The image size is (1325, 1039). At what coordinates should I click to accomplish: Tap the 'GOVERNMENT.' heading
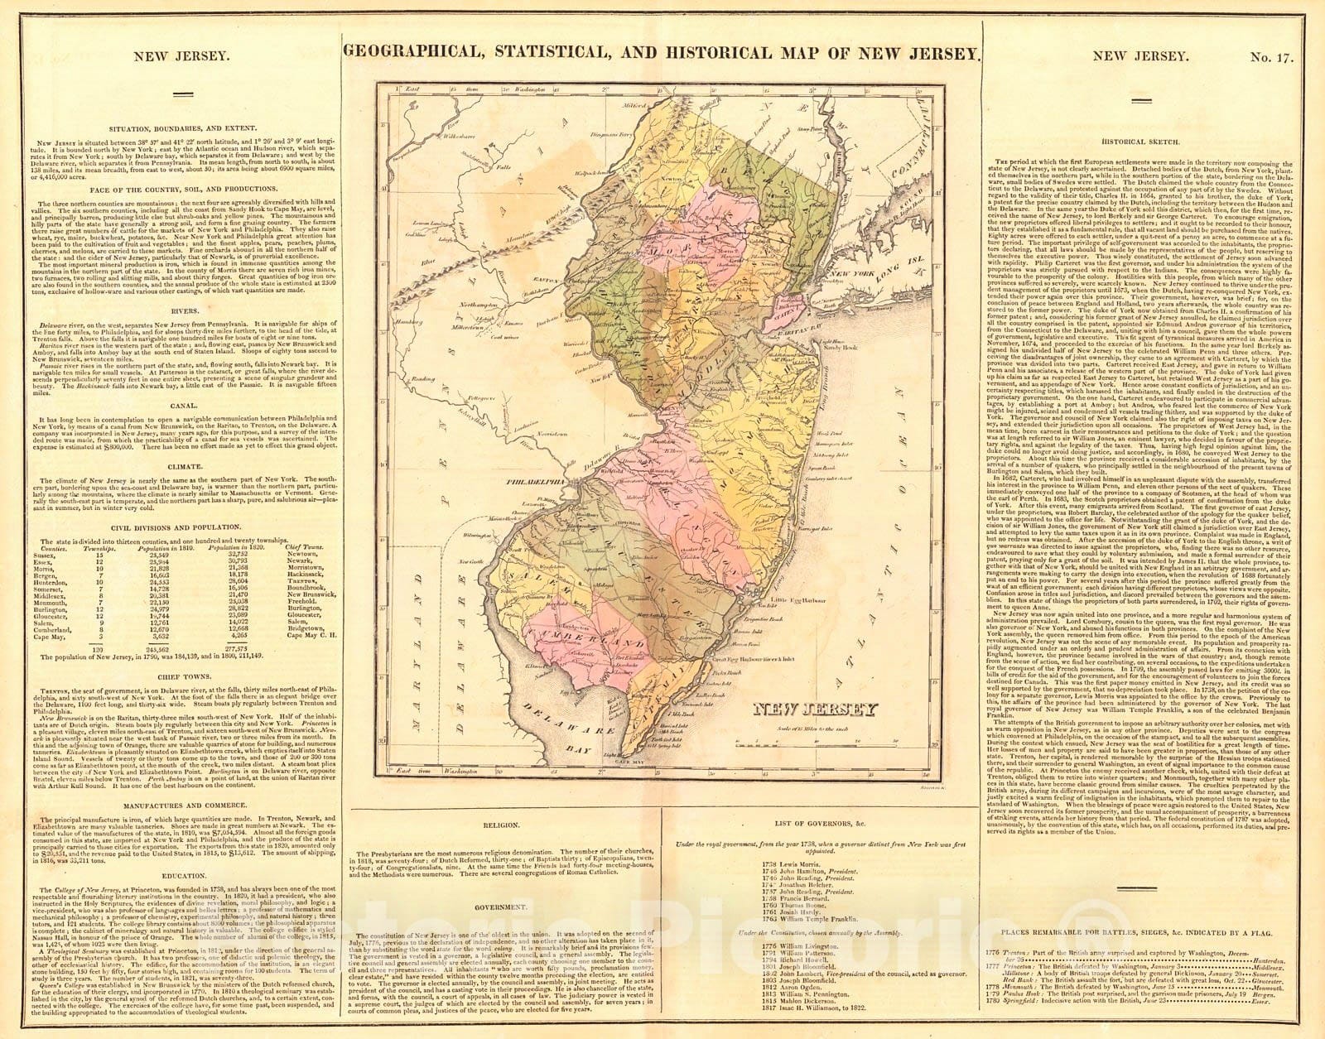tap(502, 907)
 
